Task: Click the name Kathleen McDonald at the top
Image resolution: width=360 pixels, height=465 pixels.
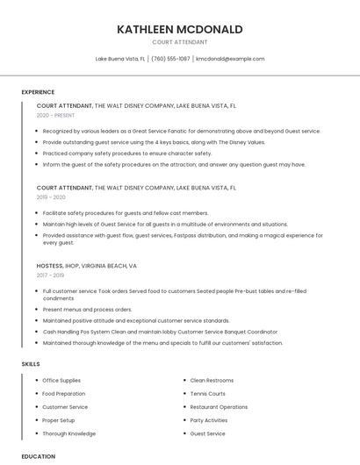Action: pyautogui.click(x=180, y=29)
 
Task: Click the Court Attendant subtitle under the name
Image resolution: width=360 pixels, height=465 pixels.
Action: pyautogui.click(x=180, y=42)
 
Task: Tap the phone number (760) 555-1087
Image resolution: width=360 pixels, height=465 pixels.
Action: pyautogui.click(x=170, y=59)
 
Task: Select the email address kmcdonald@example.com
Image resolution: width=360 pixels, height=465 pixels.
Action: pyautogui.click(x=230, y=59)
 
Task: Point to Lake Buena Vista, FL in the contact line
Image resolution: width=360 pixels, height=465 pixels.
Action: pyautogui.click(x=120, y=59)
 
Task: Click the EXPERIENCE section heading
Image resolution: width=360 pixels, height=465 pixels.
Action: pyautogui.click(x=38, y=92)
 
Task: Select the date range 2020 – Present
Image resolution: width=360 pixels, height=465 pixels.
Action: pyautogui.click(x=56, y=115)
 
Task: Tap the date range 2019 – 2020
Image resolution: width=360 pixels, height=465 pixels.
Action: pyautogui.click(x=51, y=197)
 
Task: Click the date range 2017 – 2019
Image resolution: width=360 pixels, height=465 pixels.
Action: pyautogui.click(x=51, y=275)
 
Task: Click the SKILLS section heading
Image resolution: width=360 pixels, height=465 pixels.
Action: pyautogui.click(x=31, y=363)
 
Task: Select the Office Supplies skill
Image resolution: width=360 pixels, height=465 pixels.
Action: pyautogui.click(x=61, y=381)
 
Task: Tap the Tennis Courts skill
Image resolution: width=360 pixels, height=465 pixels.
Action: pyautogui.click(x=208, y=394)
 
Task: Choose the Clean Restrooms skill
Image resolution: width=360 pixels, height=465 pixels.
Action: pyautogui.click(x=212, y=381)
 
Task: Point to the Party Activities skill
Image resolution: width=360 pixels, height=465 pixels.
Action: pyautogui.click(x=209, y=420)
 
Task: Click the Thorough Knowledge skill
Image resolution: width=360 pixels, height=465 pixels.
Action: pyautogui.click(x=69, y=433)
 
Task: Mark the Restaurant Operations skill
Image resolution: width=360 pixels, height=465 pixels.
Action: pyautogui.click(x=219, y=407)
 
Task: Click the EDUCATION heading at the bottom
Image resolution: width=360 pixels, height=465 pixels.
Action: pyautogui.click(x=38, y=456)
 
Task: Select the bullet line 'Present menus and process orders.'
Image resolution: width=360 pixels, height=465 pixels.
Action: pyautogui.click(x=87, y=310)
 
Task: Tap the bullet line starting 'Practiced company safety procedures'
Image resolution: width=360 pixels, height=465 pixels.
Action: pyautogui.click(x=127, y=154)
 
